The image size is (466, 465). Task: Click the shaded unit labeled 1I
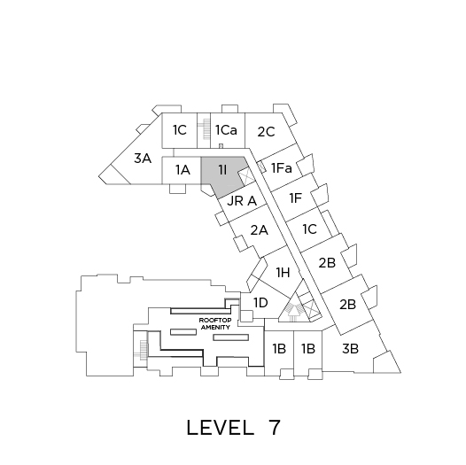point(223,173)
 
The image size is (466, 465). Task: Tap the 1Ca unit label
point(226,130)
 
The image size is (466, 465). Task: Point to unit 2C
point(266,132)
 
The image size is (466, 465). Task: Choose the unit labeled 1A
point(183,170)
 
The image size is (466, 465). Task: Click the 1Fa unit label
point(282,168)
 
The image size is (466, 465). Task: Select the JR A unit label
point(242,201)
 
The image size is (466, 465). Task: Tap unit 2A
point(260,230)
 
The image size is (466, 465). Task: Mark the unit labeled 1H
point(283,272)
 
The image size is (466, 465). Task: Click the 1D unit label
point(260,303)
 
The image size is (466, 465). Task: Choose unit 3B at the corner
point(350,349)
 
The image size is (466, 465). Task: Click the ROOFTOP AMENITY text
point(215,323)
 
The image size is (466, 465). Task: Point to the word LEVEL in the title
point(221,428)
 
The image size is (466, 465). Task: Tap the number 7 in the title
point(275,428)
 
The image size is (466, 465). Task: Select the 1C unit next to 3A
point(180,130)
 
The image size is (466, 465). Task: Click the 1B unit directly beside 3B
point(308,349)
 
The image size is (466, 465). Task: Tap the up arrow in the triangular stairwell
point(293,314)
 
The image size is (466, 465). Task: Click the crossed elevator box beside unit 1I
point(246,177)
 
